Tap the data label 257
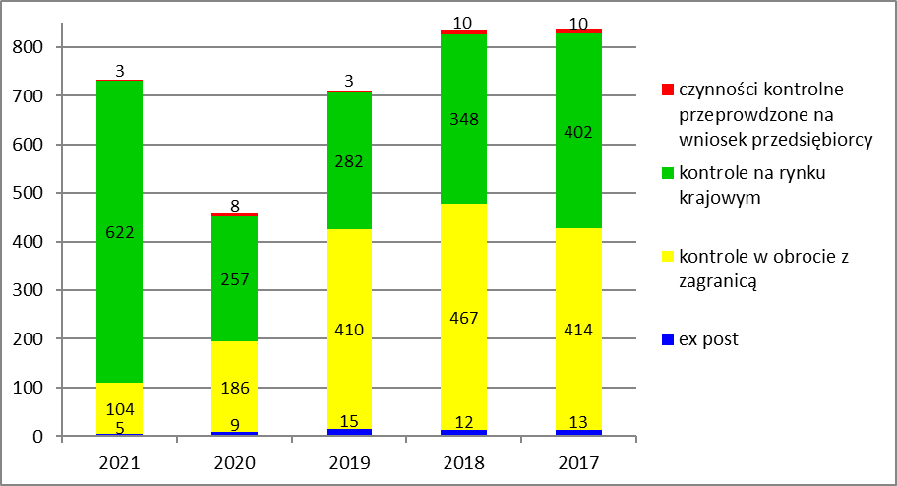coord(232,280)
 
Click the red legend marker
coord(668,91)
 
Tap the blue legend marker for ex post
coord(668,340)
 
